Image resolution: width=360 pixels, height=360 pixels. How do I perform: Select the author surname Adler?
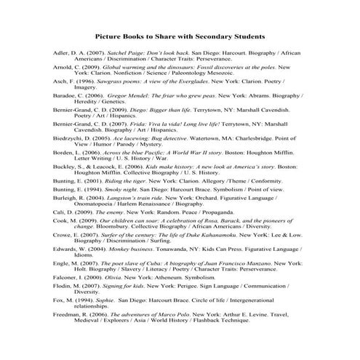pos(63,54)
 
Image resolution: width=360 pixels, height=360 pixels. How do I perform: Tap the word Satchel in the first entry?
pos(119,54)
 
